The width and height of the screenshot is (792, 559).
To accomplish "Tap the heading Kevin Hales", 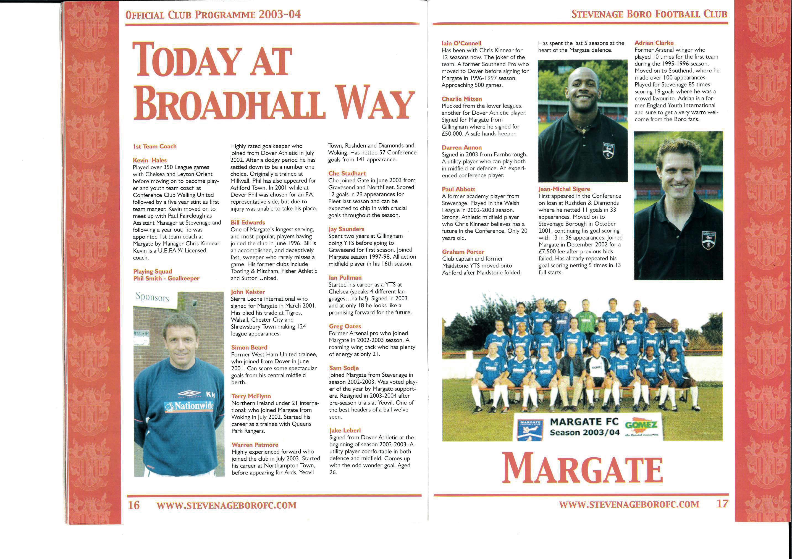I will pyautogui.click(x=150, y=160).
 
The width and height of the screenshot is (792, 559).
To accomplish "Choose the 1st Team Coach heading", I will pyautogui.click(x=155, y=146).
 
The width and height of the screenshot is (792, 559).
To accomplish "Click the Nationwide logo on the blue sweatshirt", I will pyautogui.click(x=189, y=406).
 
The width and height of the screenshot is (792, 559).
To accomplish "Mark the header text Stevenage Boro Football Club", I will pyautogui.click(x=649, y=14).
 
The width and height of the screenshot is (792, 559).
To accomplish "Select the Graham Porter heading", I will pyautogui.click(x=463, y=252).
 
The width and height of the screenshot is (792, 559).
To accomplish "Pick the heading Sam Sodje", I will pyautogui.click(x=344, y=368).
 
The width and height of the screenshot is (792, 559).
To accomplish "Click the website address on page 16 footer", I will pyautogui.click(x=226, y=506).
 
